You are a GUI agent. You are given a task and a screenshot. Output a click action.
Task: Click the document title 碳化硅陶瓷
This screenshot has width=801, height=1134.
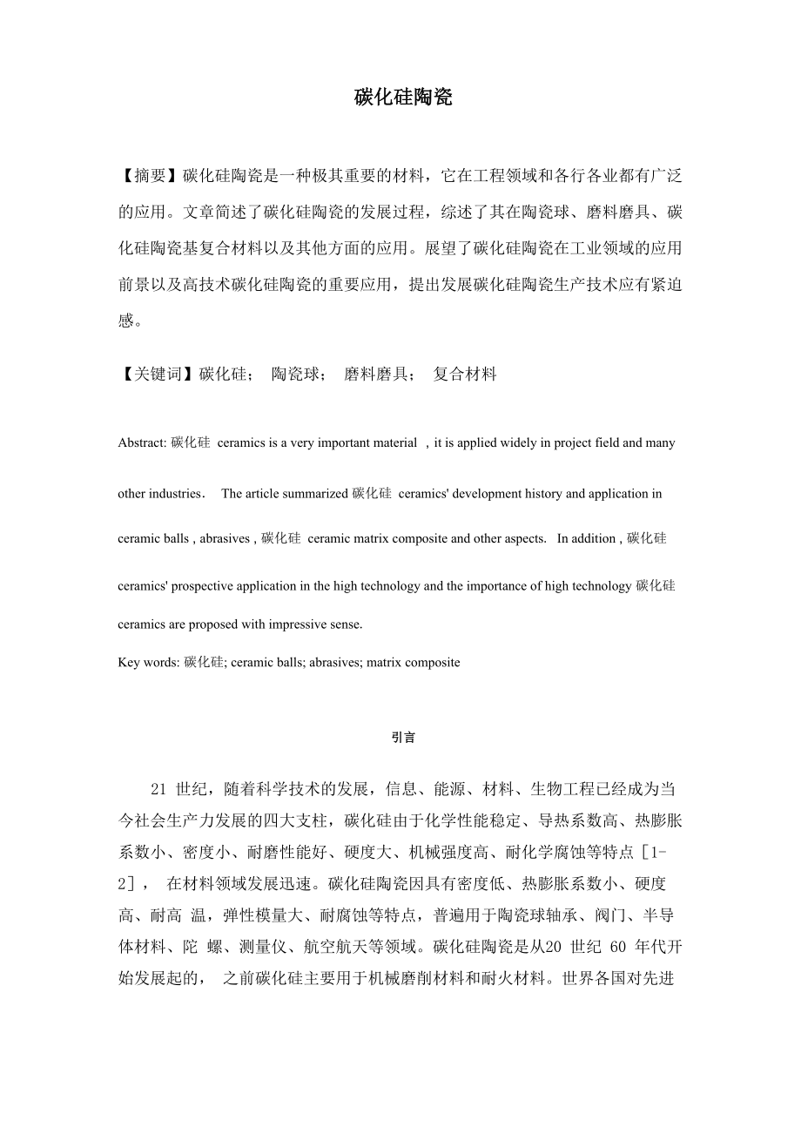(403, 98)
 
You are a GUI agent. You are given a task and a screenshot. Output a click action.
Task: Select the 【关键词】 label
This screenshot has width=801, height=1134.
(158, 375)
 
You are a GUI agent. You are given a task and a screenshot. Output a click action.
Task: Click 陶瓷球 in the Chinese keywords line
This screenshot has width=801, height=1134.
(299, 375)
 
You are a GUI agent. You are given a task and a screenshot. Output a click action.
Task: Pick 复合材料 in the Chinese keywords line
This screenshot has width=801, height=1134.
(465, 375)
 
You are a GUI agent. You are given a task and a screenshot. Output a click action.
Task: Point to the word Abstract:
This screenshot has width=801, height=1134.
(143, 442)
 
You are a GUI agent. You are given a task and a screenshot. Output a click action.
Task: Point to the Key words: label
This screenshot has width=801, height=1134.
(149, 663)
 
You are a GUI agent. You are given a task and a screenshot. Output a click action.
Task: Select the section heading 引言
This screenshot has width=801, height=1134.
(403, 738)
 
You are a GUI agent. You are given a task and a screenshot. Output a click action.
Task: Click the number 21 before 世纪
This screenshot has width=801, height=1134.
(158, 790)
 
